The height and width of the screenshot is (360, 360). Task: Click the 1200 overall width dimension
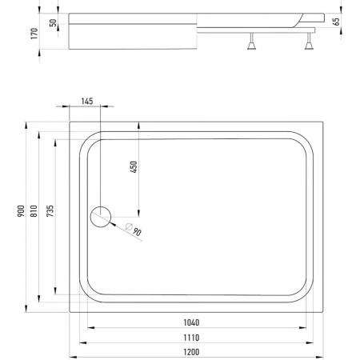coord(191,352)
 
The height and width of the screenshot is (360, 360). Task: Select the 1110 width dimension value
coord(191,338)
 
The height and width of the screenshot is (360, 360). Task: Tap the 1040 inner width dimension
coord(191,322)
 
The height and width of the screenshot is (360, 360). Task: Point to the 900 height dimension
coord(21,210)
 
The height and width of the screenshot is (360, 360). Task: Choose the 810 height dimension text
coord(34,210)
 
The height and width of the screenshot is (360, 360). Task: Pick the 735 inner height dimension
coord(50,210)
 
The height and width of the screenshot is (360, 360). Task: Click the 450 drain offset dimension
coord(134,167)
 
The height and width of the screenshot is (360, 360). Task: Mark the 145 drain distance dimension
coord(87,102)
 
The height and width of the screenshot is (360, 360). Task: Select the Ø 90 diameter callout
coord(134,230)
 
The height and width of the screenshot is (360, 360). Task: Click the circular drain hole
coord(101,217)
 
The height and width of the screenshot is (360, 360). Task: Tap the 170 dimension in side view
coord(34,34)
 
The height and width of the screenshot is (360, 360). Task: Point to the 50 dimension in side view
coord(54,23)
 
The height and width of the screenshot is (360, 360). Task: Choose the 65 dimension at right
coord(337,22)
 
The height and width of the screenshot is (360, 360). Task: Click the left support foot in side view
coord(251,42)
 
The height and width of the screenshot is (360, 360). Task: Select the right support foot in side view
coord(309,42)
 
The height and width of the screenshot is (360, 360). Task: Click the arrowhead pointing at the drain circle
coord(113,224)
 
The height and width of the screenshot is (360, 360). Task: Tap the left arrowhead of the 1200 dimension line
coord(73,357)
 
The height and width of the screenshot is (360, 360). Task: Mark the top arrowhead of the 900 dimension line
coord(26,126)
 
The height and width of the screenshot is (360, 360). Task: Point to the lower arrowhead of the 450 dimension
coord(138,213)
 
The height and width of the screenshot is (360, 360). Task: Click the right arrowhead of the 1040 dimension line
coord(302,328)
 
